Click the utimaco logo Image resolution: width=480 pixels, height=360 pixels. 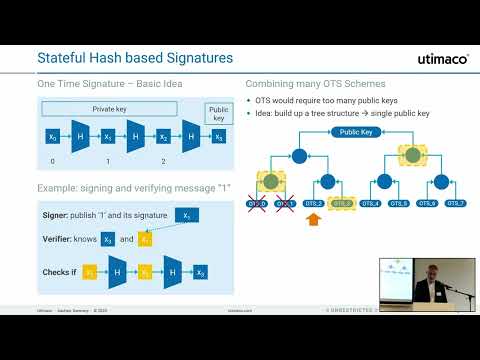click(442, 59)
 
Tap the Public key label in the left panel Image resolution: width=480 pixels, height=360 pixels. click(217, 113)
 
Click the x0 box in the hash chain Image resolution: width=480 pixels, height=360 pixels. click(52, 137)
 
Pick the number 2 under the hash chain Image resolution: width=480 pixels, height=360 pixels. click(163, 160)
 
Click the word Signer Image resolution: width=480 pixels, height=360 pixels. click(58, 214)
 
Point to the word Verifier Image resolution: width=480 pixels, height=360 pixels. click(60, 240)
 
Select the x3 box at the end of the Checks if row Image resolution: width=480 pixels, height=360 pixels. click(202, 272)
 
